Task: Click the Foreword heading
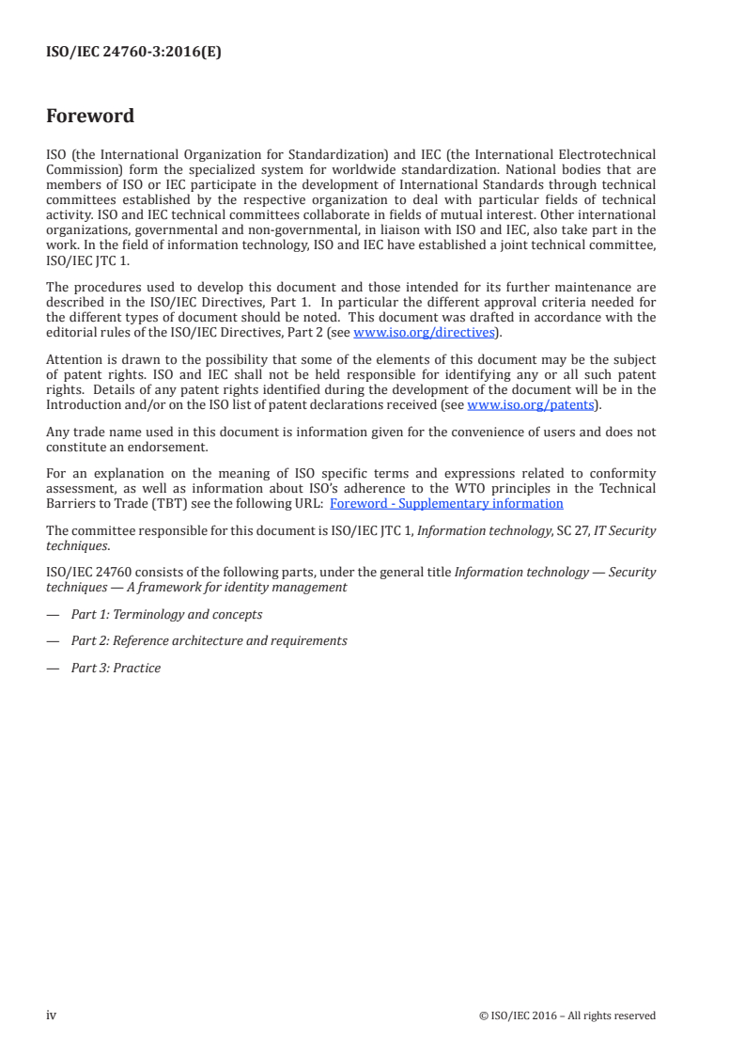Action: click(x=90, y=117)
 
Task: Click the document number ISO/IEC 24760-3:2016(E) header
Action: click(x=133, y=54)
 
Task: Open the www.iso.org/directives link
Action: click(x=423, y=333)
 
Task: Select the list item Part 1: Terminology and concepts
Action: click(x=166, y=614)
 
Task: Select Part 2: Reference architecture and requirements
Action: click(x=209, y=640)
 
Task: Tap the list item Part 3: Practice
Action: click(x=116, y=668)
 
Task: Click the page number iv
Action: click(x=52, y=1015)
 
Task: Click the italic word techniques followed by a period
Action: click(x=76, y=544)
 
